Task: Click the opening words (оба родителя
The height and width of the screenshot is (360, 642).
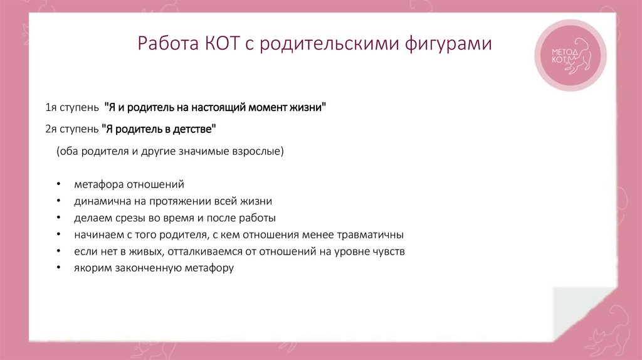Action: [88, 151]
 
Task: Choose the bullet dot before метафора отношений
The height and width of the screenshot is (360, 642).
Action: [58, 185]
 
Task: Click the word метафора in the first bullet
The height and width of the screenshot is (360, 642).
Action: [99, 185]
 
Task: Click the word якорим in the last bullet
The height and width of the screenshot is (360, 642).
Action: [92, 268]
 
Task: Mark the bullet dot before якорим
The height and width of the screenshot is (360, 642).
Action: [58, 268]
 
